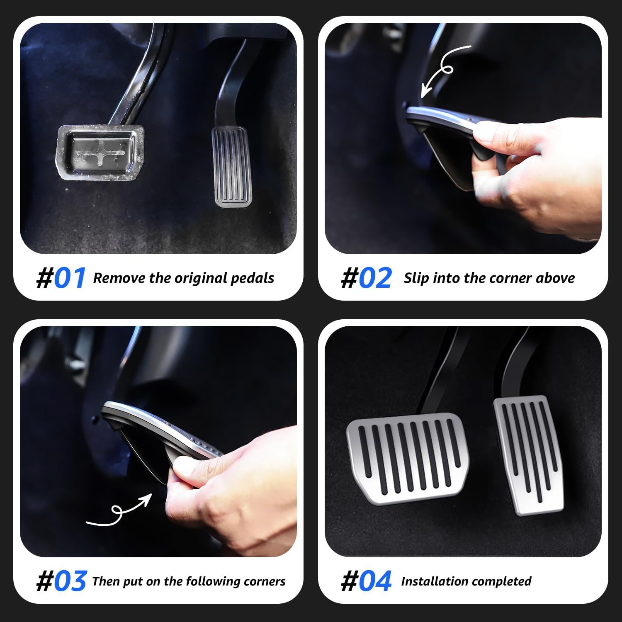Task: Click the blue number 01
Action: point(70,278)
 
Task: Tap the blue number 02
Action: point(375,278)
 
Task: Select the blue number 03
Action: point(70,581)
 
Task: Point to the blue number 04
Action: point(375,581)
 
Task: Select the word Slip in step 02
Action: point(416,278)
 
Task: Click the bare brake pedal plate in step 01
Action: point(100,152)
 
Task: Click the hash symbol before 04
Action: point(349,581)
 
